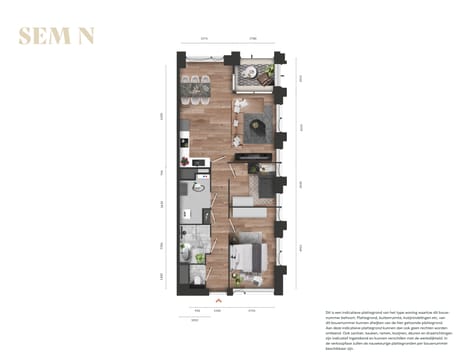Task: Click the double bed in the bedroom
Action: (x=250, y=255)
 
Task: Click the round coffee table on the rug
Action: (x=256, y=125)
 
